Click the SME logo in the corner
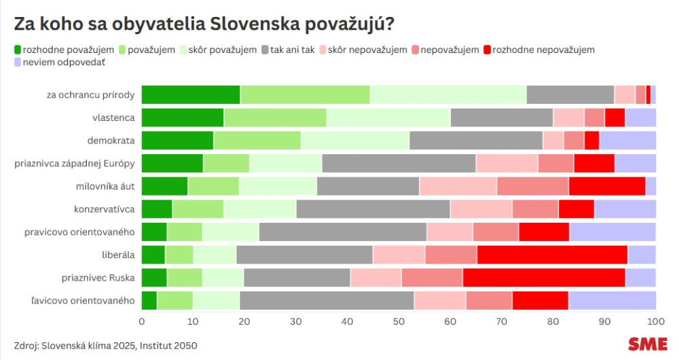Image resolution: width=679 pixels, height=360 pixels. click(x=647, y=344)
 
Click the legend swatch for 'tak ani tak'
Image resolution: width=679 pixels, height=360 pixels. click(x=265, y=50)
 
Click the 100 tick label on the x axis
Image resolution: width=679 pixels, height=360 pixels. click(x=655, y=321)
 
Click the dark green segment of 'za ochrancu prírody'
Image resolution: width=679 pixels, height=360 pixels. click(x=191, y=94)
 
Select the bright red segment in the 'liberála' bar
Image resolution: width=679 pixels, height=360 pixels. click(x=552, y=255)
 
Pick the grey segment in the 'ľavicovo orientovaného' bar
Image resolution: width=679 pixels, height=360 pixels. click(x=327, y=300)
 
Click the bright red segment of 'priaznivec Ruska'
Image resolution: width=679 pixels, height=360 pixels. click(x=544, y=278)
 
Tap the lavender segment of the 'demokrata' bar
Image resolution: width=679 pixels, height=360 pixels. click(x=627, y=141)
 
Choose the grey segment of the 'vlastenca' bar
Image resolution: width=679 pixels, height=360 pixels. click(x=502, y=118)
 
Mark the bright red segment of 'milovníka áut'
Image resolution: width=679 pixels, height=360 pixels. click(x=607, y=186)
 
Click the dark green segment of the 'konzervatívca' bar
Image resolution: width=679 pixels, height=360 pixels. click(x=157, y=209)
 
